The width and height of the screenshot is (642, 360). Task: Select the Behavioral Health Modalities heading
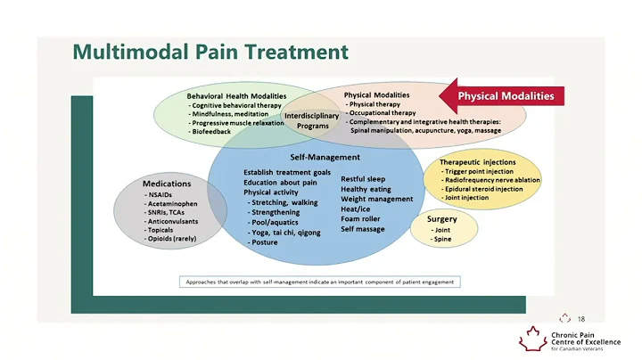click(236, 95)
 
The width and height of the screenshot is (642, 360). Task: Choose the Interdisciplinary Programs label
click(312, 120)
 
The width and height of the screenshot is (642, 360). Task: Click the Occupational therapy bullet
click(384, 113)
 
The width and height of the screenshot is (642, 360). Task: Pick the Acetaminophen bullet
click(172, 203)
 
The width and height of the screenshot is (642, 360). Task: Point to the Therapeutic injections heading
click(477, 162)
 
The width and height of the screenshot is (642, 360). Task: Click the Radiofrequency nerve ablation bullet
click(492, 180)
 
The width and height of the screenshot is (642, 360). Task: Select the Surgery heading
click(441, 218)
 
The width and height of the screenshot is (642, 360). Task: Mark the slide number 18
click(581, 318)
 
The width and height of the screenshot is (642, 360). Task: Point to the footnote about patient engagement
click(319, 282)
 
